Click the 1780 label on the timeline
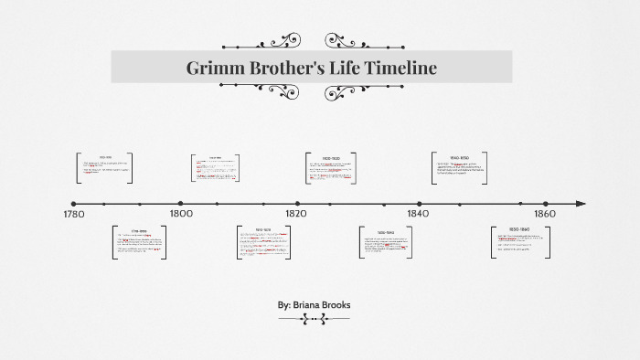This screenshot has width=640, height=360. coord(74,214)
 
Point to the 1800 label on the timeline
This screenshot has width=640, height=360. coord(181,214)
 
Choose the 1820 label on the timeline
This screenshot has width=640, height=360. coord(298,214)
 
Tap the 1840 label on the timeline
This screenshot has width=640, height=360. coord(420,214)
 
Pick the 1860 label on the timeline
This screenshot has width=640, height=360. coord(546,214)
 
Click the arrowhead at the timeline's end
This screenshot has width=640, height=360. coord(581,204)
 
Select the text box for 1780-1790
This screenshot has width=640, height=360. coord(104,168)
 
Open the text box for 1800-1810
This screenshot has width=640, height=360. coord(216,167)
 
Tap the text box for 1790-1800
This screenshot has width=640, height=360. coord(139,242)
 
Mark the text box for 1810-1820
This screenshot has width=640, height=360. coord(263,241)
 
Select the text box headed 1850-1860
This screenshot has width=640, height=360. coord(520,242)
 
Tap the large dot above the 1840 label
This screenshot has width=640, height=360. coord(420,204)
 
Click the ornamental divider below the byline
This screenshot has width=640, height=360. coord(314,318)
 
